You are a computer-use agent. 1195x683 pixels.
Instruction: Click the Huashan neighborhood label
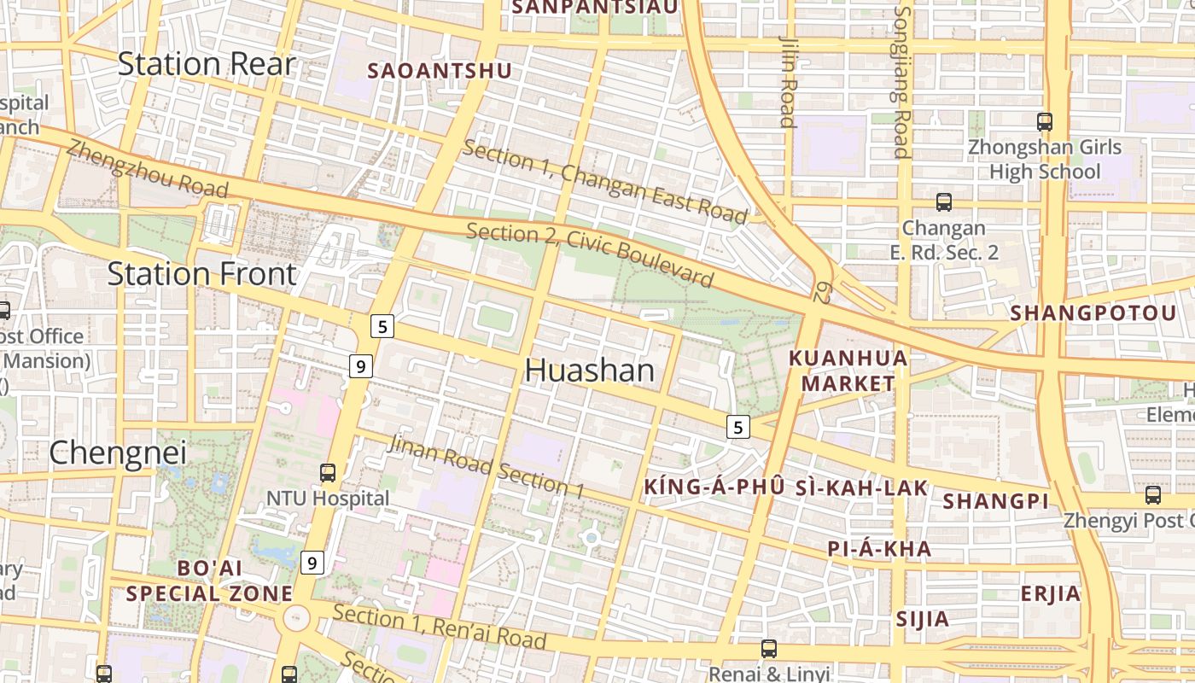tap(589, 370)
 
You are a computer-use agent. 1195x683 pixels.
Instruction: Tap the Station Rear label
tap(207, 64)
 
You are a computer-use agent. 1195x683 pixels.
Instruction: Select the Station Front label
tap(201, 274)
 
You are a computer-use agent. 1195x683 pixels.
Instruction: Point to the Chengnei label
tap(106, 452)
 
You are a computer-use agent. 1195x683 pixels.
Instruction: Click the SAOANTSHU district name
tap(440, 71)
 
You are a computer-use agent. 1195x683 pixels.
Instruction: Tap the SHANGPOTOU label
tap(1093, 313)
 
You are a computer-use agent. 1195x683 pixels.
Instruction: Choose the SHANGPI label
tap(996, 501)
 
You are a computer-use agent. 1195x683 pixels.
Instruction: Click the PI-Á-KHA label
tap(879, 549)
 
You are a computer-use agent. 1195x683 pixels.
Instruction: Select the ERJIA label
tap(1050, 593)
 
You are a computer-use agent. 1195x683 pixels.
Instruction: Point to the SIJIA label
tap(922, 619)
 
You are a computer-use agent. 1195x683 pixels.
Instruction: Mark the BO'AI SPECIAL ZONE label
tap(210, 581)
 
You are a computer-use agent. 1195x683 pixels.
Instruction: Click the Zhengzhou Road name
tap(147, 167)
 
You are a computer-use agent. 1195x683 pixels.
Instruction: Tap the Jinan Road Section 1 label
tap(486, 465)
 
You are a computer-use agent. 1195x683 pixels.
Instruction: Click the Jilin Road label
tap(788, 81)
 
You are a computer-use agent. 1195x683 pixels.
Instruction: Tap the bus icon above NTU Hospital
tap(328, 472)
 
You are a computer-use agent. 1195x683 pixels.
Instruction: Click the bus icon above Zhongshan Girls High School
tap(1044, 122)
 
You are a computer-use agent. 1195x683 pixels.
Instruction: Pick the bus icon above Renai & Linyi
tap(769, 649)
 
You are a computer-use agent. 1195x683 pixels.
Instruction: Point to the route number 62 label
tap(822, 293)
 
